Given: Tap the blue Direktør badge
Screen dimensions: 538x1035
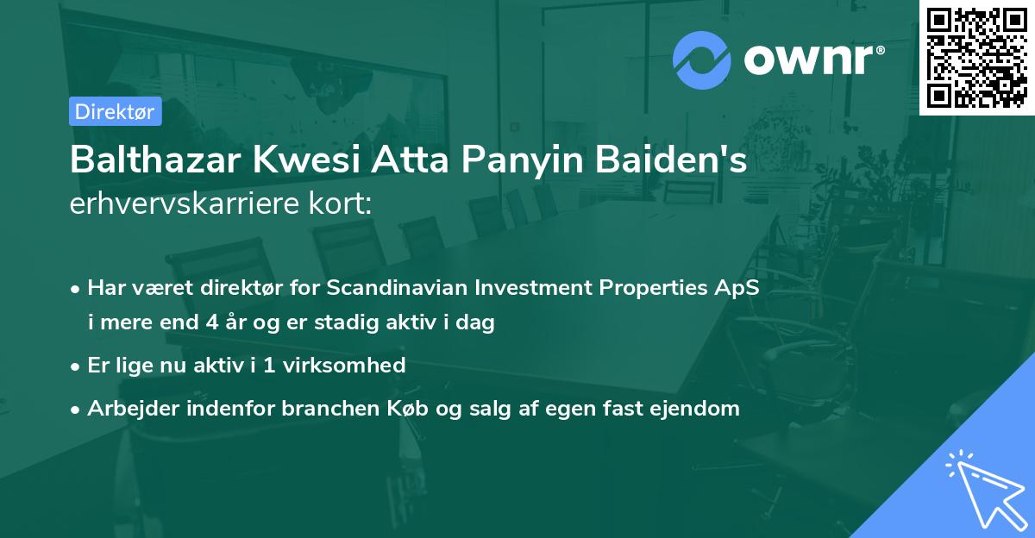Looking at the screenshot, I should click(115, 111).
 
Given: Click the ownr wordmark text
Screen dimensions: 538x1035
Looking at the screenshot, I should click(814, 60).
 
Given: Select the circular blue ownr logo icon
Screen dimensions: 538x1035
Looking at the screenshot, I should click(701, 60).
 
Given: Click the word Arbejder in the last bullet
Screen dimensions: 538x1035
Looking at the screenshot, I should click(125, 409).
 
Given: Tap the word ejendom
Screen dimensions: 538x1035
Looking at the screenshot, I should click(700, 409).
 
